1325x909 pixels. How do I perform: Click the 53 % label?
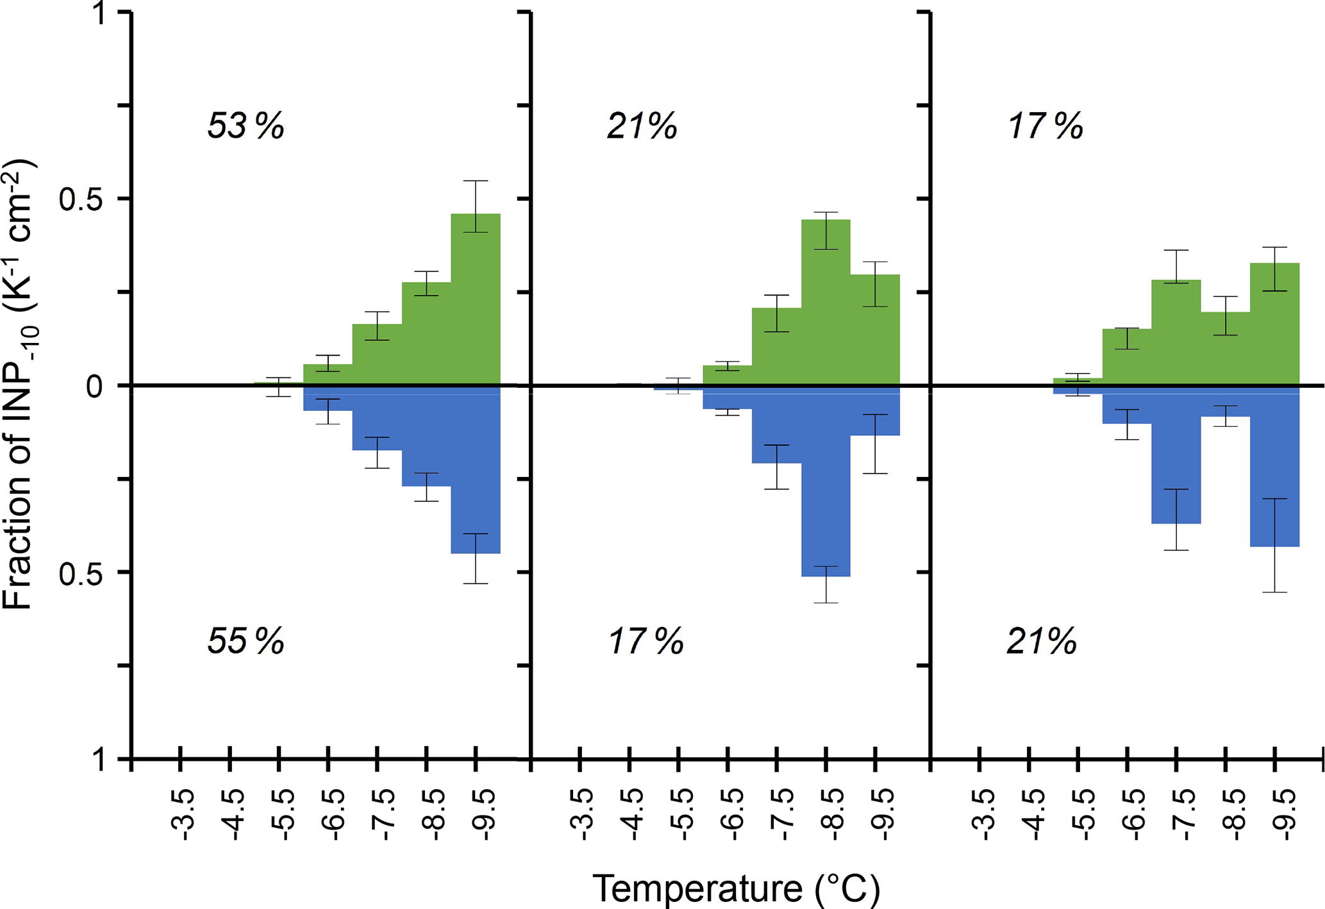(x=246, y=126)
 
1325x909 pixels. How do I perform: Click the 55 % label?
(x=246, y=641)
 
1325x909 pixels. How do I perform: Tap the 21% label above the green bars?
(x=642, y=126)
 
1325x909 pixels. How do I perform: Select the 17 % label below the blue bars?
(x=646, y=641)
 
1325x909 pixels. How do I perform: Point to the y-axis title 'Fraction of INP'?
(x=19, y=385)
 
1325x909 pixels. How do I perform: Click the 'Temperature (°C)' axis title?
(x=736, y=888)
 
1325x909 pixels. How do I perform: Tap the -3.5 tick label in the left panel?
(x=182, y=814)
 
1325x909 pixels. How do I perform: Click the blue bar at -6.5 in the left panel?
(x=328, y=398)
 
